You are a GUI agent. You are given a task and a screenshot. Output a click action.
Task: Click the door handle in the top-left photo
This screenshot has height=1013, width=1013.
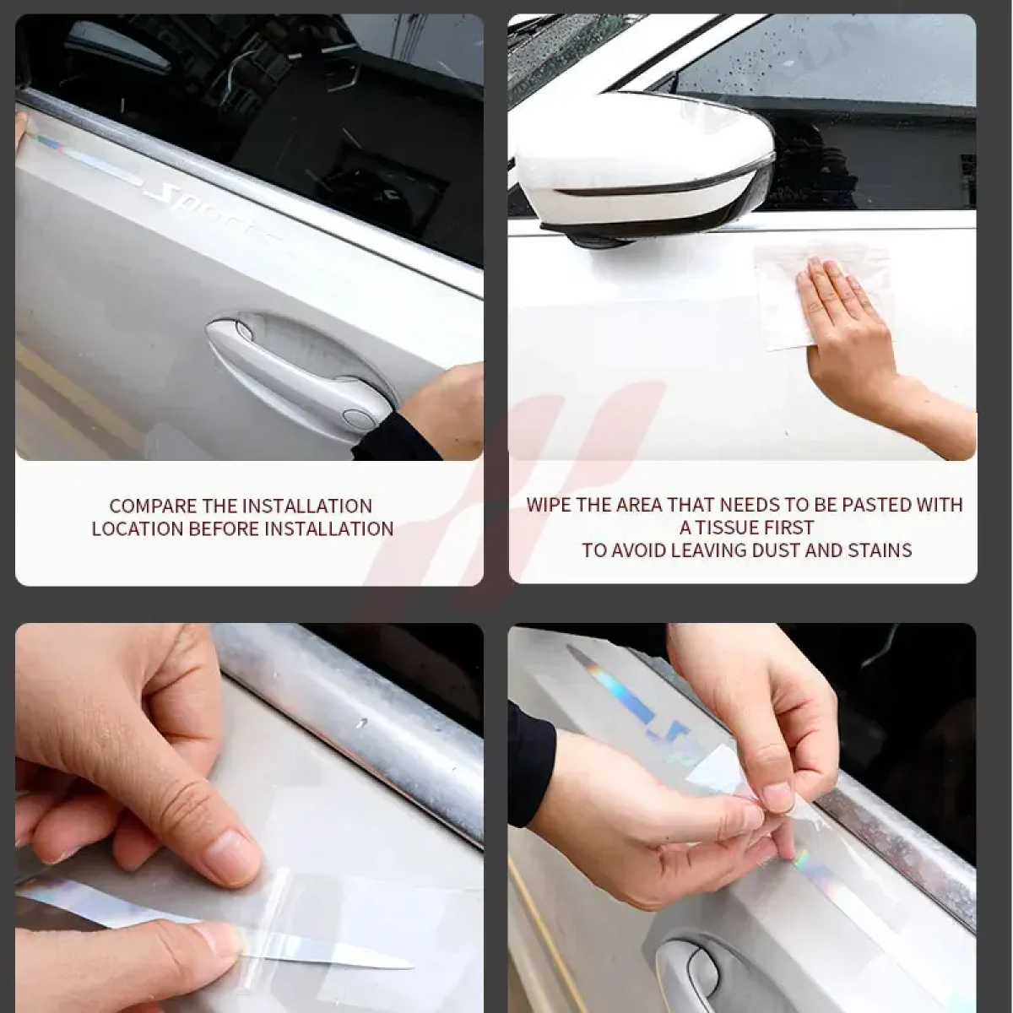295,368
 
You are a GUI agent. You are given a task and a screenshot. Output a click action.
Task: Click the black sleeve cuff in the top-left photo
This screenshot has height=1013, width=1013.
394,436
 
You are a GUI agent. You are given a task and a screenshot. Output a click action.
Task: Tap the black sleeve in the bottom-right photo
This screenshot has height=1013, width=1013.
531,757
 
